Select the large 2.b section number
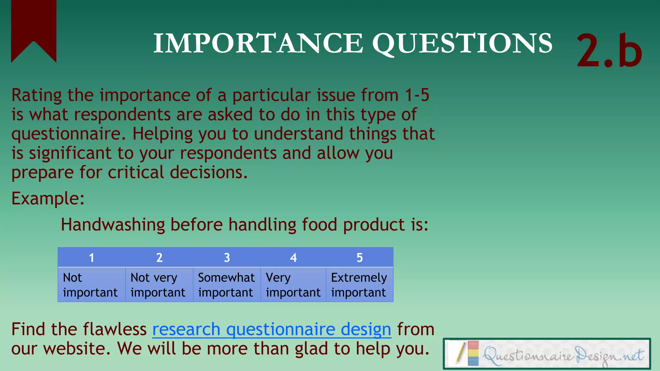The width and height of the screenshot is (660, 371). (x=609, y=51)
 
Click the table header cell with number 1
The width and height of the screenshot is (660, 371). (x=92, y=258)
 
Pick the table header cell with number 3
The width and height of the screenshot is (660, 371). (x=227, y=258)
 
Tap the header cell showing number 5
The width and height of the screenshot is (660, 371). (x=360, y=258)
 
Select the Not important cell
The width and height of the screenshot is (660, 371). (x=92, y=285)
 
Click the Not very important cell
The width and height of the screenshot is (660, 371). (x=159, y=285)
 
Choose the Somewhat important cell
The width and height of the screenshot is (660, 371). (x=227, y=285)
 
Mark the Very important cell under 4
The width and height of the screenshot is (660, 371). (x=293, y=285)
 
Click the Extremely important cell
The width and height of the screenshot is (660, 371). (x=359, y=285)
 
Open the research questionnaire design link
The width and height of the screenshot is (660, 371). (x=272, y=329)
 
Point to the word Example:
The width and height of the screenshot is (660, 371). (x=48, y=198)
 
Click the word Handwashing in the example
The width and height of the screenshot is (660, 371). (x=113, y=224)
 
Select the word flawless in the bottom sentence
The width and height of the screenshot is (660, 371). (x=114, y=329)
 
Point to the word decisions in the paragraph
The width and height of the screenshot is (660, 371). (x=209, y=173)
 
